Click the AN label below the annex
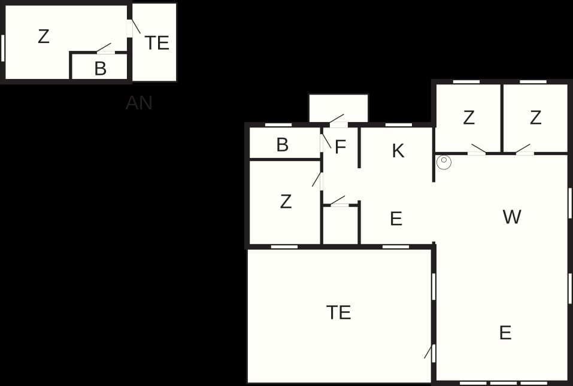[139, 103]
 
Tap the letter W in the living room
[511, 217]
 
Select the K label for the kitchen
[398, 150]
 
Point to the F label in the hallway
[340, 147]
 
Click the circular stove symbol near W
[444, 162]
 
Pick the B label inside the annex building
[100, 68]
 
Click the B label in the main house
[282, 145]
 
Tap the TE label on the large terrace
[339, 312]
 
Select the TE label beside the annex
[157, 42]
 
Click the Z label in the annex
[44, 37]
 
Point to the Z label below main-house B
[286, 202]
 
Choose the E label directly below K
[396, 218]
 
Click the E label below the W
[505, 333]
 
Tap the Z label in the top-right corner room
[535, 117]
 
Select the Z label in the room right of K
[469, 117]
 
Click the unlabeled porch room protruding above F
[339, 108]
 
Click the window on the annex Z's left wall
[2, 48]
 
